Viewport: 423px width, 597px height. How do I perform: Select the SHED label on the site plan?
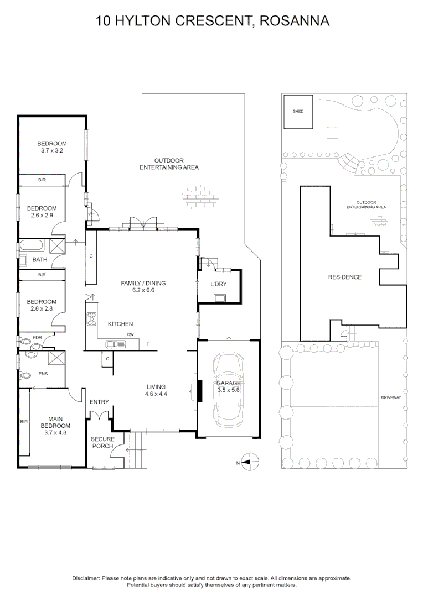click(x=298, y=112)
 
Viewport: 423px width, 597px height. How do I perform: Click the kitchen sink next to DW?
click(x=116, y=344)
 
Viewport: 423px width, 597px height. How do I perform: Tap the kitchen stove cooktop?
click(x=91, y=319)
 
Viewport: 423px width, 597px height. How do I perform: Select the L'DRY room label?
click(x=219, y=284)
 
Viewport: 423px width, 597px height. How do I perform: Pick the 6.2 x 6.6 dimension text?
click(x=143, y=290)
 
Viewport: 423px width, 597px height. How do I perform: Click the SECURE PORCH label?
click(x=102, y=442)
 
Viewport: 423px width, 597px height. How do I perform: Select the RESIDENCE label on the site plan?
click(x=344, y=277)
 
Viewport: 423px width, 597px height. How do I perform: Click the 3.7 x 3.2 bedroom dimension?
click(x=53, y=150)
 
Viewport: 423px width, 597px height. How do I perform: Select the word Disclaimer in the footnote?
click(x=86, y=578)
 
